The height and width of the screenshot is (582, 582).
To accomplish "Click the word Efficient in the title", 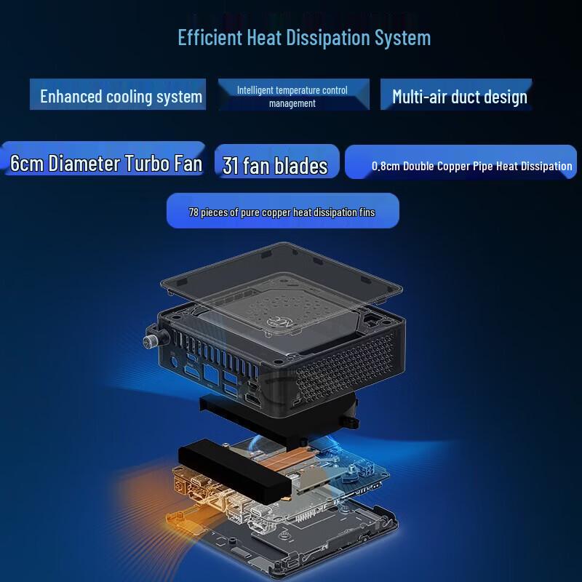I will point(209,37).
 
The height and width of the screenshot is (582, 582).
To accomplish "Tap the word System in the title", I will point(403,37).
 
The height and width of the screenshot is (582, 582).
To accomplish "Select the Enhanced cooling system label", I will point(121,96).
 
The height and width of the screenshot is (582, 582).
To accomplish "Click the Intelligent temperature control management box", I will point(292,96).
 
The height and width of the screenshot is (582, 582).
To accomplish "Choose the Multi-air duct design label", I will point(459,96).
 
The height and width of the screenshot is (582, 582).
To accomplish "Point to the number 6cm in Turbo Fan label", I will point(27,162).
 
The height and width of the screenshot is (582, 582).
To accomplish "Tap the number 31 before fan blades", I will point(231,166).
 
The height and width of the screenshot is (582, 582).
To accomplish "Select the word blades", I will point(301,166).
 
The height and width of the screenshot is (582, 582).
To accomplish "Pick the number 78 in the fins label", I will point(194,212).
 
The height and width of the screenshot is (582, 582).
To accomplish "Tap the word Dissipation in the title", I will point(325,37).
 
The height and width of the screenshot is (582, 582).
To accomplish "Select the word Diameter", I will point(84,162).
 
